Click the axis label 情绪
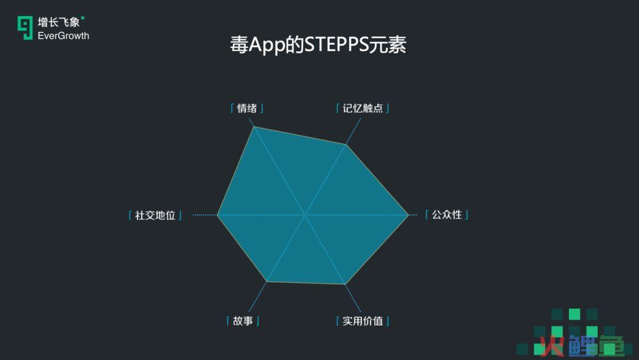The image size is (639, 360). (247, 108)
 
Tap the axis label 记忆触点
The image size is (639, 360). (363, 108)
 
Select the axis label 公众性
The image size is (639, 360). (447, 214)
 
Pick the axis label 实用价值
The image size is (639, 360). (363, 321)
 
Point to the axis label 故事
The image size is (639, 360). (243, 321)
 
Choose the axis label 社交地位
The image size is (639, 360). (155, 215)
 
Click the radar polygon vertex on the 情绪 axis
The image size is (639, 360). (254, 127)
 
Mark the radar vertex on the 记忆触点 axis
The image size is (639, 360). (346, 144)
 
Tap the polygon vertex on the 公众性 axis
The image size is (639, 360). (408, 215)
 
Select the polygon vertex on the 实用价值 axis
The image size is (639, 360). (345, 284)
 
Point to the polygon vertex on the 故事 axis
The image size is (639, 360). (266, 281)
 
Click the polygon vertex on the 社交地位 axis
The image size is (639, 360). (218, 215)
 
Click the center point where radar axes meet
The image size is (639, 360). (305, 214)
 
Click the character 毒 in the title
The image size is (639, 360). (239, 44)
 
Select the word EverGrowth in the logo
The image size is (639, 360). (63, 36)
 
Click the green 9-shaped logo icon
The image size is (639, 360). (25, 28)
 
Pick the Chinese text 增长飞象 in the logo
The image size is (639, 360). (58, 22)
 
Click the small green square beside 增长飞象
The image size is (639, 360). (83, 18)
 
